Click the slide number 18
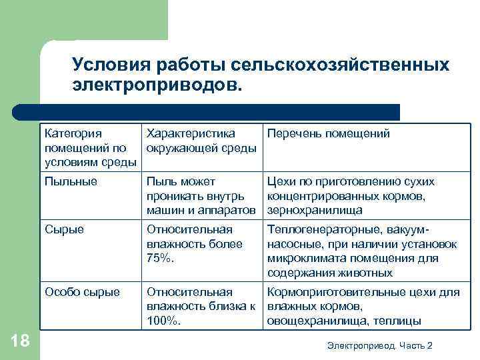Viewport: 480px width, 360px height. (x=21, y=341)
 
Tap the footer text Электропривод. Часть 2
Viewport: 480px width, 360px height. (x=380, y=345)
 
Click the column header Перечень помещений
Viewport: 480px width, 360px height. (x=328, y=134)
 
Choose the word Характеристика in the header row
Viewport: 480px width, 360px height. (x=191, y=134)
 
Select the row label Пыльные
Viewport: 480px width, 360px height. (x=71, y=181)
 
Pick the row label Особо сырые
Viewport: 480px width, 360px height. (x=82, y=292)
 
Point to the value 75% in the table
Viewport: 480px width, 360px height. (x=160, y=259)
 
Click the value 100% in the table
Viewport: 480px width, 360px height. (x=163, y=321)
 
